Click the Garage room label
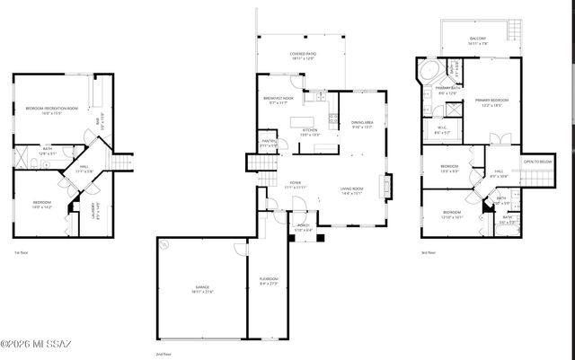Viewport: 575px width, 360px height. pos(202,290)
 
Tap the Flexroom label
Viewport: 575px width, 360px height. pos(269,283)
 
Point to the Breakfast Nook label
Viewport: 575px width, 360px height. pos(279,100)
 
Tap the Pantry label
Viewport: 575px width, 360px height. pos(269,143)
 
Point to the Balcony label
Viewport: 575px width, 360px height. pos(477,39)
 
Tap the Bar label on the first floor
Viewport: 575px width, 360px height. pos(99,119)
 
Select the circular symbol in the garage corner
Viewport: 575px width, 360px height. pos(163,242)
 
